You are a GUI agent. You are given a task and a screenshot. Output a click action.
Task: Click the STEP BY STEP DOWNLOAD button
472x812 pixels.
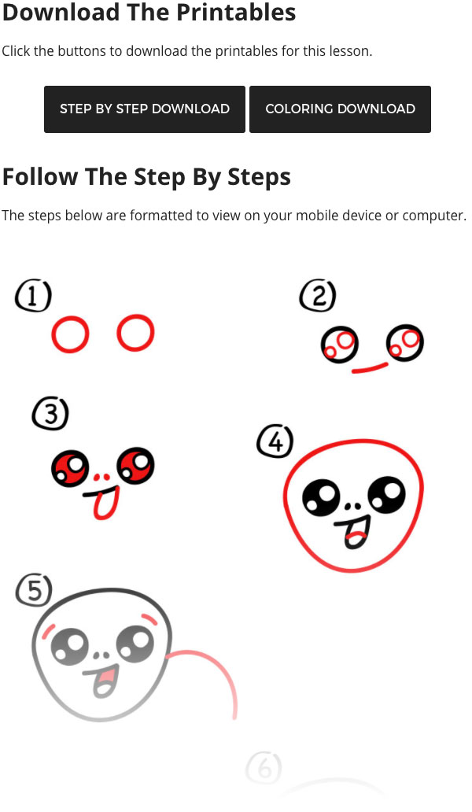[145, 109]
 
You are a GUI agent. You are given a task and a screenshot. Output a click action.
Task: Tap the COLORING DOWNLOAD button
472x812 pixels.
[340, 109]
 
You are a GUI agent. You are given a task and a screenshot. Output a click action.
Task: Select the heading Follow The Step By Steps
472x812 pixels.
[146, 177]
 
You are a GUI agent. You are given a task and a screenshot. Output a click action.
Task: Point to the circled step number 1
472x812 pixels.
[33, 296]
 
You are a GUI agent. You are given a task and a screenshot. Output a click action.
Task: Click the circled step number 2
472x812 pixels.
[318, 296]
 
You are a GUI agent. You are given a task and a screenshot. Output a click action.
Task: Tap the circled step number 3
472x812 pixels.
[50, 414]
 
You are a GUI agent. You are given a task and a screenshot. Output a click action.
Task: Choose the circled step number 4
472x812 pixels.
[275, 441]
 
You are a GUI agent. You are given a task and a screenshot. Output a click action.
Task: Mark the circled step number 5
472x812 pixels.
[34, 590]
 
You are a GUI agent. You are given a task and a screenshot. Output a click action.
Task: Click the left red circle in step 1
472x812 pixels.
[53, 334]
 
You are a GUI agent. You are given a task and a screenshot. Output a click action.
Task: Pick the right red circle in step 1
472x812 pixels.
[119, 333]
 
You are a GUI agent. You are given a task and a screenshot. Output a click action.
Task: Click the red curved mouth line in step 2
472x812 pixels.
[370, 368]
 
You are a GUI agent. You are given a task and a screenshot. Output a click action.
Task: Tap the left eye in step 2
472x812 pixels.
[340, 345]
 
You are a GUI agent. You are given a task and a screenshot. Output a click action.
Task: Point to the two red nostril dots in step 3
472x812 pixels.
[102, 477]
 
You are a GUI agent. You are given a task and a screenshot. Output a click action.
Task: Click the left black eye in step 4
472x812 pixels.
[321, 498]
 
